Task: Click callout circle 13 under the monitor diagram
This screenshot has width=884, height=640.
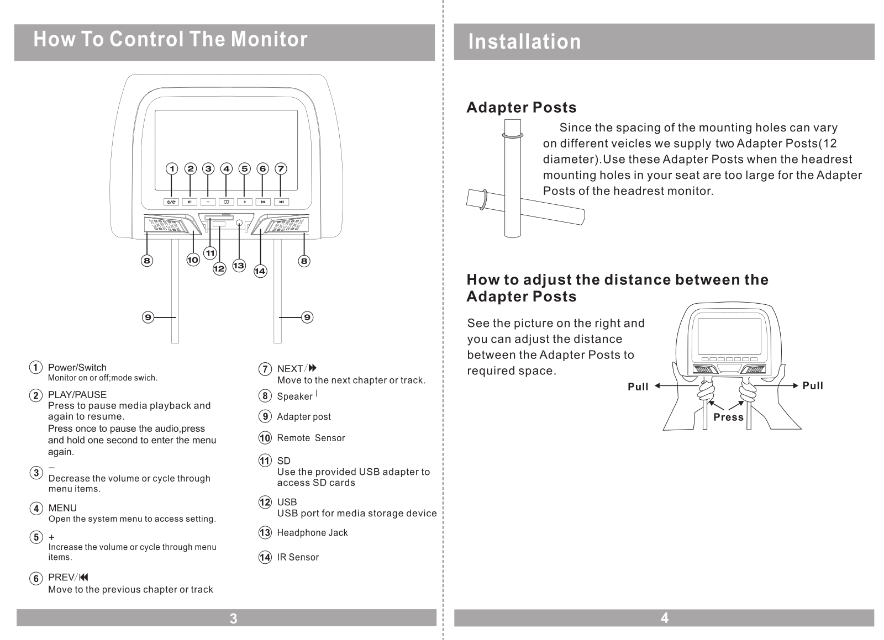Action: [238, 266]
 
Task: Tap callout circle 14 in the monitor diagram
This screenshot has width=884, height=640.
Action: [260, 271]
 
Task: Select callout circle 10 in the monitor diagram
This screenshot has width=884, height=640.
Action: [192, 260]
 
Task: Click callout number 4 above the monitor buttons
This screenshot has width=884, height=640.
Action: [227, 168]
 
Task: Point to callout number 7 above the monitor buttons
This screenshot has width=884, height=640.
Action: [281, 168]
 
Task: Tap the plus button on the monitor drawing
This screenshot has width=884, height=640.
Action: [245, 202]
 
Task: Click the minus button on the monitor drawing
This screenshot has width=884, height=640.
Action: [208, 202]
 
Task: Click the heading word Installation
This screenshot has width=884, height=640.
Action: [524, 42]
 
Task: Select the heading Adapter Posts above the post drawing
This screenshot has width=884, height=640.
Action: [521, 107]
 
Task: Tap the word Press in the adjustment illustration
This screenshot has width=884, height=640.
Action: [728, 417]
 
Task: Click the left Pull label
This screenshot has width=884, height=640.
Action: [638, 387]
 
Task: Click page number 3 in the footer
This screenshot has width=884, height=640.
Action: [233, 618]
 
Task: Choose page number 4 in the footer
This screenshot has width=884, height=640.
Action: [664, 618]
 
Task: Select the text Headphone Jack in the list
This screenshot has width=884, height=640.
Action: [312, 533]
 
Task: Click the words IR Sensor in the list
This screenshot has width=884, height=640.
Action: [298, 557]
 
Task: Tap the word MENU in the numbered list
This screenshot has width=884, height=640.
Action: [62, 508]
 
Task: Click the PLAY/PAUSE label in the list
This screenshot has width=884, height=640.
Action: [77, 395]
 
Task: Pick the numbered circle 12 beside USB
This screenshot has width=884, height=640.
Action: [265, 503]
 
